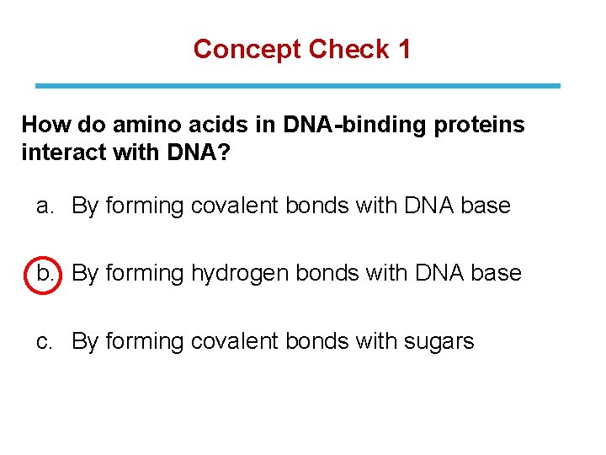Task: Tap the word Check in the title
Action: [348, 50]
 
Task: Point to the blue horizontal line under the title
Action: [297, 86]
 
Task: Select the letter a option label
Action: [45, 206]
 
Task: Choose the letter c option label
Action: [45, 341]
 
